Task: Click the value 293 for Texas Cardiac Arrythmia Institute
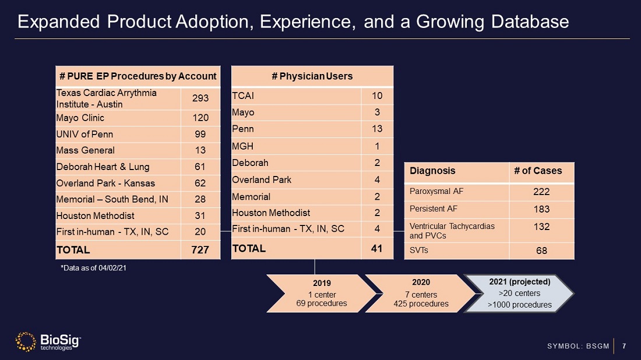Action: point(200,98)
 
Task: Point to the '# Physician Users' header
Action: point(312,76)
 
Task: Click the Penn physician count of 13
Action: point(377,129)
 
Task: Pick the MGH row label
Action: point(242,146)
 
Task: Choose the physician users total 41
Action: point(377,249)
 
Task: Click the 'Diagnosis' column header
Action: point(432,171)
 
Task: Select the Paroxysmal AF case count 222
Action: point(541,192)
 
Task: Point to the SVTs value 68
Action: point(541,251)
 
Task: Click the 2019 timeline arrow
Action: point(322,293)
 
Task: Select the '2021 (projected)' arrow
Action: point(519,293)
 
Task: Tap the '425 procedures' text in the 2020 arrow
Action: point(421,303)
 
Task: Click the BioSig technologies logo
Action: point(48,342)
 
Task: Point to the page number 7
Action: point(624,347)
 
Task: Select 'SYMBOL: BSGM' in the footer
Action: point(578,347)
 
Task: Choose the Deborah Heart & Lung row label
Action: point(103,167)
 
